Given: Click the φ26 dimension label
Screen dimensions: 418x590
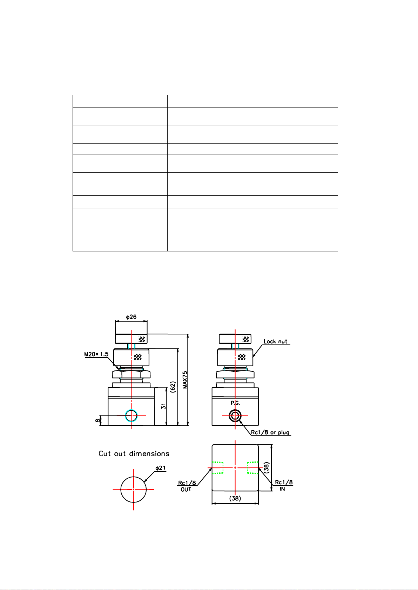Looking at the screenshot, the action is click(131, 317).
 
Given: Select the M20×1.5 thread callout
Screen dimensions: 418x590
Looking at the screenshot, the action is click(96, 354).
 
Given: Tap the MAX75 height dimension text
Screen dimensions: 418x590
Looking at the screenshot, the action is click(185, 380).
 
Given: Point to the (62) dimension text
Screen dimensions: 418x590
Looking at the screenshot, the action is click(173, 387).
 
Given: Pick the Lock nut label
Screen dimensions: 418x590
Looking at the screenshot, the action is click(275, 341).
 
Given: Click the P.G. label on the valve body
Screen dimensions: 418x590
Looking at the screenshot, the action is click(235, 403).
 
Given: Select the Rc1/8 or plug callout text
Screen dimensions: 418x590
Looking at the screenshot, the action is click(270, 432).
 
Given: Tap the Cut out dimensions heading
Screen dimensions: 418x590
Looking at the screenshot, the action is click(134, 454).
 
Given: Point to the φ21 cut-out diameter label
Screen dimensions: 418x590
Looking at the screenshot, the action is click(161, 468).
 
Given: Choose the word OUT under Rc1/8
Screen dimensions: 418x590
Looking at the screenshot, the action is click(186, 490).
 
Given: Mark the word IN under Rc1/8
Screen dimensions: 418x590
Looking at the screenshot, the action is click(282, 489).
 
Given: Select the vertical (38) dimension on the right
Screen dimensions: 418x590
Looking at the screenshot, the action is click(267, 468).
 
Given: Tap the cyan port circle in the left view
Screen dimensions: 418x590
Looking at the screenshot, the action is click(131, 416).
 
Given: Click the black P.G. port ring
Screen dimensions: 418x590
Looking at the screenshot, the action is click(235, 416).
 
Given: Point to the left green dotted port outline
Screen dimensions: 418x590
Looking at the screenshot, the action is click(218, 468).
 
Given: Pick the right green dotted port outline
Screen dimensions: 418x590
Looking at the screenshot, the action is click(252, 468).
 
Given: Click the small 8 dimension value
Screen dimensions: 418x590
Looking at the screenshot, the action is click(97, 420).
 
